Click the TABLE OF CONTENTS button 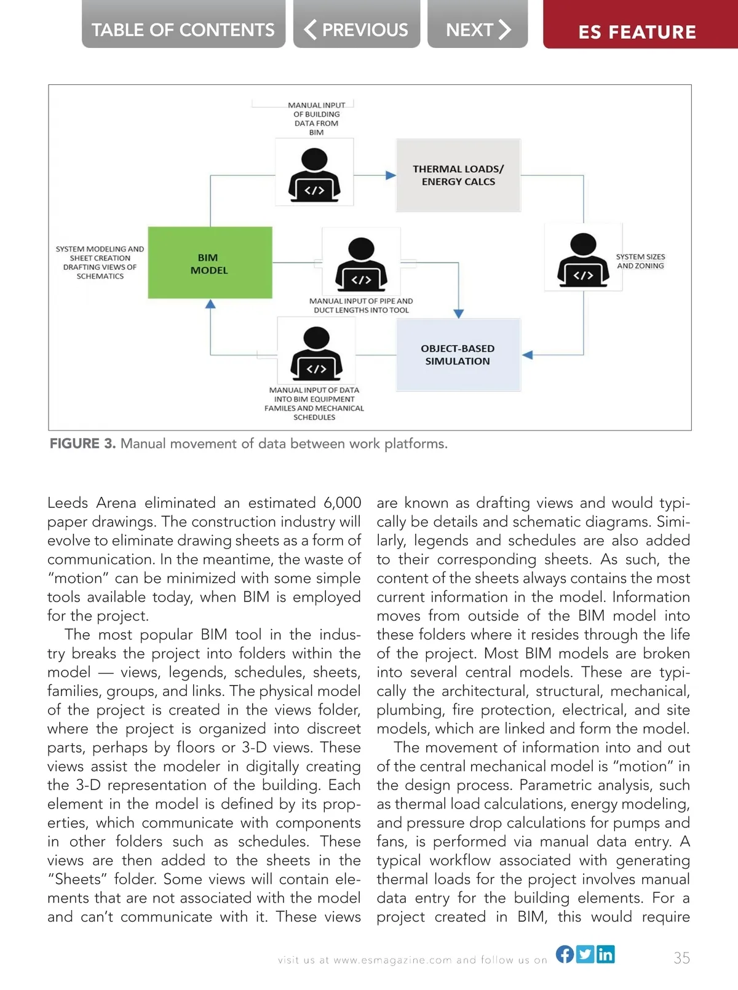tap(183, 29)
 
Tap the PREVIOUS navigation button tap(357, 29)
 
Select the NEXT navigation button tap(478, 29)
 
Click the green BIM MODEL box tap(210, 263)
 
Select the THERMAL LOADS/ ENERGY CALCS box tap(458, 175)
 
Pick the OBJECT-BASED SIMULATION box tap(458, 355)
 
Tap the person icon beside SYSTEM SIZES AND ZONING tap(583, 260)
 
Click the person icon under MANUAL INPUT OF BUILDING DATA tap(314, 175)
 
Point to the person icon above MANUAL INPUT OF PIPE tap(361, 264)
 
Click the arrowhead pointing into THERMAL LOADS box tap(391, 175)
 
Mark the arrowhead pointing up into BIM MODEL tap(210, 304)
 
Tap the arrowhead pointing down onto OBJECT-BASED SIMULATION tap(458, 314)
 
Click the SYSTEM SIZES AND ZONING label tap(640, 261)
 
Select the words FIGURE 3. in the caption tap(82, 444)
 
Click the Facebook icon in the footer tap(565, 954)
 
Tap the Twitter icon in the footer tap(585, 954)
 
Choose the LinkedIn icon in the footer tap(605, 954)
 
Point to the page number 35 tap(681, 958)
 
